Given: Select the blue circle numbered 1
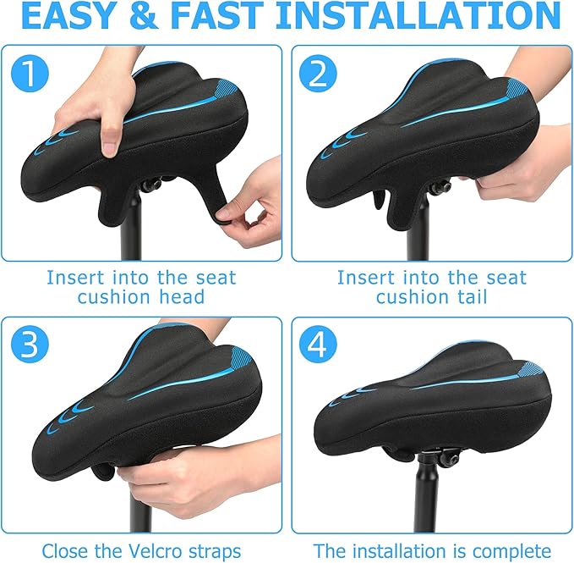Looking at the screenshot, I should pyautogui.click(x=30, y=75).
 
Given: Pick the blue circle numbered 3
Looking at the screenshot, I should pyautogui.click(x=30, y=345).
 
